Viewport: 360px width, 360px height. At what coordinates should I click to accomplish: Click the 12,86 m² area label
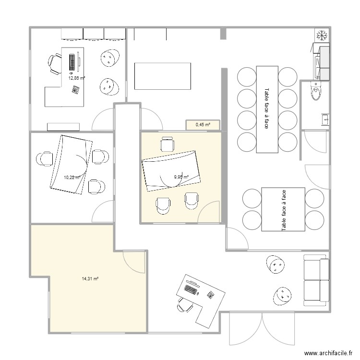point(77,78)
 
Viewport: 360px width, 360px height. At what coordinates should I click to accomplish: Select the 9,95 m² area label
point(181,177)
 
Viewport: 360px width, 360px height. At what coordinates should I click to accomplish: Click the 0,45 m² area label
point(203,125)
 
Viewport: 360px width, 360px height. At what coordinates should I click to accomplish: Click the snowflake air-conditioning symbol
point(321,35)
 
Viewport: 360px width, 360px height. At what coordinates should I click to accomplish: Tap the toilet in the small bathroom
point(315,92)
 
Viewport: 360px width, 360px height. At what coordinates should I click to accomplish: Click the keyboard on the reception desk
point(191,290)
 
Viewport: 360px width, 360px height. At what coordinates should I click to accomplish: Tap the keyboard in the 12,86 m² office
point(72,62)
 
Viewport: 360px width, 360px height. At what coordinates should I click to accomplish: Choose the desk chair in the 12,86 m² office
point(55,62)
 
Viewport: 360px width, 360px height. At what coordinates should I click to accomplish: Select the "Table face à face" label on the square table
point(283,209)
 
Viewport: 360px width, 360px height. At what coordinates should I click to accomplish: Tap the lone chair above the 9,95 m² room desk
point(167,144)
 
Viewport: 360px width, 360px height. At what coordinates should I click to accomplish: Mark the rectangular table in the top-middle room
point(163,76)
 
